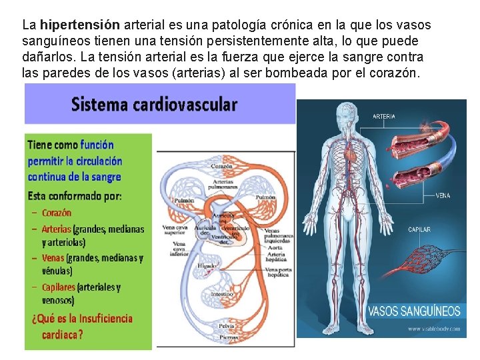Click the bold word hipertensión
(80, 25)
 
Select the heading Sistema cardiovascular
(154, 105)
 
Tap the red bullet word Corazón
(56, 213)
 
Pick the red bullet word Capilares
(58, 287)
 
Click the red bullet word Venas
(53, 257)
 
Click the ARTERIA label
(383, 116)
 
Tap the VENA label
(443, 196)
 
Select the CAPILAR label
(419, 230)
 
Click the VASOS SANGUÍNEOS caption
(414, 311)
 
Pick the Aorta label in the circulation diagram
(269, 247)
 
